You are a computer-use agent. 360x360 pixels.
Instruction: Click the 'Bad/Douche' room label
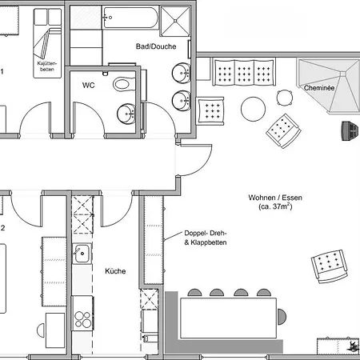click(x=156, y=46)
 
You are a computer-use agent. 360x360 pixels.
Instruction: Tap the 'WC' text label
click(x=88, y=86)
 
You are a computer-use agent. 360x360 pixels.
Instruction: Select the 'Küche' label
click(x=115, y=271)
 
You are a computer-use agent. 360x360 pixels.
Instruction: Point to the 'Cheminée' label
click(x=319, y=88)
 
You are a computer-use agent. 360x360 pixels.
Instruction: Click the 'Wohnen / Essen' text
click(x=275, y=198)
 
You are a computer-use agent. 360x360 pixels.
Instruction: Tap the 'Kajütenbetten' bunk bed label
click(x=47, y=66)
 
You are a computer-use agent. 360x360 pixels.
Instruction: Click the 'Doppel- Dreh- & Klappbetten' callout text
click(x=206, y=238)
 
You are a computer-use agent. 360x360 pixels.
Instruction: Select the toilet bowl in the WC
click(x=124, y=84)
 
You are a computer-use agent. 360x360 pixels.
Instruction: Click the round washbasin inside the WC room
click(x=126, y=114)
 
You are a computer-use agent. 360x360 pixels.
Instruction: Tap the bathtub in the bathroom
click(x=130, y=18)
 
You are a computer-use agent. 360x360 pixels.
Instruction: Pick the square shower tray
click(x=175, y=21)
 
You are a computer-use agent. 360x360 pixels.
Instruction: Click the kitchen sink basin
click(x=82, y=254)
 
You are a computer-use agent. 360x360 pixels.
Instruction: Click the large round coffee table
click(x=253, y=109)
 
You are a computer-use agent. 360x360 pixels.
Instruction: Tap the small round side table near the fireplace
click(x=285, y=98)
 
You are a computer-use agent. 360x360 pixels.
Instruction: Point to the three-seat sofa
click(x=244, y=72)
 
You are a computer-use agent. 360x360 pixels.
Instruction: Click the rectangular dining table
click(x=229, y=318)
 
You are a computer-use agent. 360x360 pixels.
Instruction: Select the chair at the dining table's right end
click(x=282, y=317)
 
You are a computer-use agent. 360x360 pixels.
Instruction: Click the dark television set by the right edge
click(x=349, y=130)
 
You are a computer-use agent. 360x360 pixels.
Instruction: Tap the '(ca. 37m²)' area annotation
click(x=275, y=206)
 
